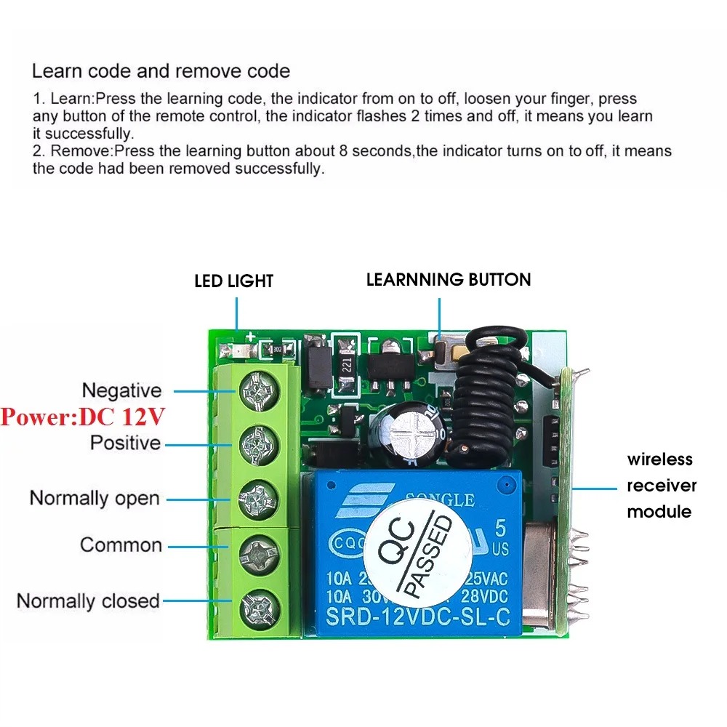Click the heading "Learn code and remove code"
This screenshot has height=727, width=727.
(161, 71)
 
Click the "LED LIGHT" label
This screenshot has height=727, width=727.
(233, 281)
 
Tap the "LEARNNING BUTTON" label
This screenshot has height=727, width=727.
(449, 280)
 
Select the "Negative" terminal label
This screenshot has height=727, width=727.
(121, 390)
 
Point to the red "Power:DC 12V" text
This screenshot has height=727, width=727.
(83, 417)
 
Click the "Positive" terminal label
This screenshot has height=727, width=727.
(125, 443)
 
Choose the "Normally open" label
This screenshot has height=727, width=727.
(94, 499)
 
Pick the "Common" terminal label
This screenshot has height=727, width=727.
(121, 545)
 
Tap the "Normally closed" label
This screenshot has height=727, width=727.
(88, 601)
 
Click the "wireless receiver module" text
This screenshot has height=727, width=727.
(661, 486)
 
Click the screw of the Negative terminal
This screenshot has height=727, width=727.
(257, 390)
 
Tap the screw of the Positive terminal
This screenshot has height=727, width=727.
(257, 441)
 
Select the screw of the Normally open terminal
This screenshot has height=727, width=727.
(257, 498)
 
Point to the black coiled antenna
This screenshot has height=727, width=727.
(487, 396)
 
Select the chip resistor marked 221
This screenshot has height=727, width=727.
(345, 358)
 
